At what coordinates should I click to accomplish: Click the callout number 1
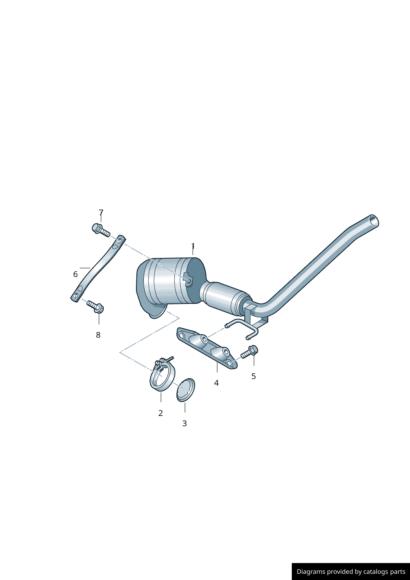pyautogui.click(x=193, y=246)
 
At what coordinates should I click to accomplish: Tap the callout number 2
pyautogui.click(x=160, y=413)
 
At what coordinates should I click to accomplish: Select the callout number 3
pyautogui.click(x=184, y=423)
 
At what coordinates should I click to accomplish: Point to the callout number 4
pyautogui.click(x=217, y=383)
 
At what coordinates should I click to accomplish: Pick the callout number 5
pyautogui.click(x=253, y=376)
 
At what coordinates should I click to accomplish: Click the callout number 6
pyautogui.click(x=75, y=274)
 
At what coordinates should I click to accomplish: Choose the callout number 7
pyautogui.click(x=101, y=212)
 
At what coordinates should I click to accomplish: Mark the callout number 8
pyautogui.click(x=98, y=335)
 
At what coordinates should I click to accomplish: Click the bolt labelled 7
pyautogui.click(x=101, y=230)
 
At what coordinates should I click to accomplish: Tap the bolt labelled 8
pyautogui.click(x=95, y=307)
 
